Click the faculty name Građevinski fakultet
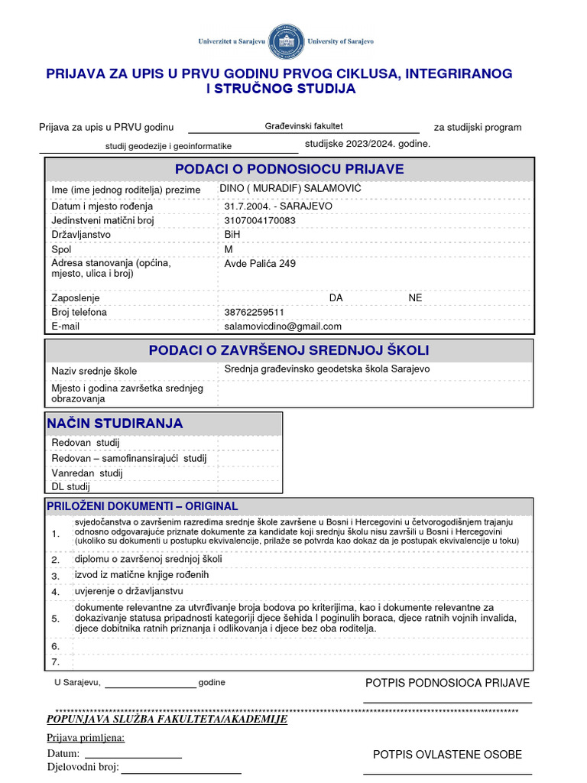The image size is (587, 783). (x=303, y=125)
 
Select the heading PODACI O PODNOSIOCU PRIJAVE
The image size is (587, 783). (x=290, y=169)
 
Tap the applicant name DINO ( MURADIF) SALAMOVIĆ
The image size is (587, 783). (x=290, y=188)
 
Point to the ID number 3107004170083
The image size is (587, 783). (x=260, y=220)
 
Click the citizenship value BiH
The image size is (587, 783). (x=232, y=235)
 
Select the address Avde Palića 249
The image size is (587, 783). (x=260, y=264)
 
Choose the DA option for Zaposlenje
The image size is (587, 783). (x=336, y=298)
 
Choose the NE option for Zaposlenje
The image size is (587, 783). (x=415, y=298)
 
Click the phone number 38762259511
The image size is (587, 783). (x=255, y=312)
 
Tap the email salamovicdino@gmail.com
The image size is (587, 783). (x=283, y=326)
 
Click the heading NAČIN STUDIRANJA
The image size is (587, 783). (x=115, y=424)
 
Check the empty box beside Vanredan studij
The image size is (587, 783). (x=249, y=473)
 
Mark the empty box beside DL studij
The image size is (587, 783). (x=249, y=486)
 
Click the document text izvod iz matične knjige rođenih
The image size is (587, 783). (x=141, y=574)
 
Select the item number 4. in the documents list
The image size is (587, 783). (x=55, y=592)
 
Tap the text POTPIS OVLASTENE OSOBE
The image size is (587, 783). (x=447, y=755)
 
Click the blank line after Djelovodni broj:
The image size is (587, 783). (x=181, y=768)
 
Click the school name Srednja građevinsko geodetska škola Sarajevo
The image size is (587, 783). (x=327, y=369)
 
